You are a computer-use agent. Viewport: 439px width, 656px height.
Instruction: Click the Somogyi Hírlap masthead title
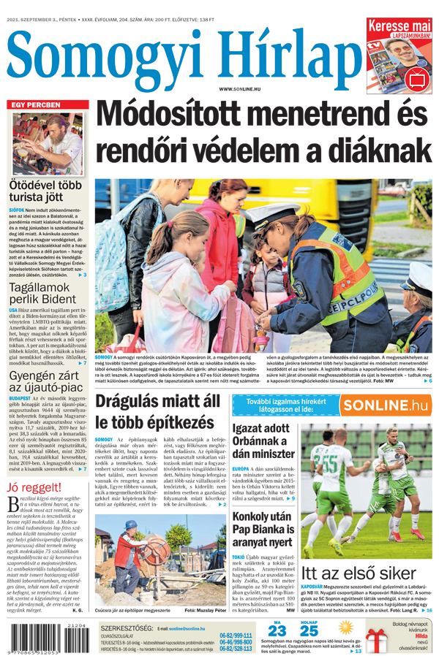[179, 55]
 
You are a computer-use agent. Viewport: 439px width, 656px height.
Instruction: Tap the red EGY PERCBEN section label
[36, 105]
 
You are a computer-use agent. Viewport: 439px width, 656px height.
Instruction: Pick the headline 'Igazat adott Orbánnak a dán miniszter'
[263, 440]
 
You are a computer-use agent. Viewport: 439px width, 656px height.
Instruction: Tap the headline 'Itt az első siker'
[359, 573]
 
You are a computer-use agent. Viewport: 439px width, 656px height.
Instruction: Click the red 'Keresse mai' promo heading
[399, 26]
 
